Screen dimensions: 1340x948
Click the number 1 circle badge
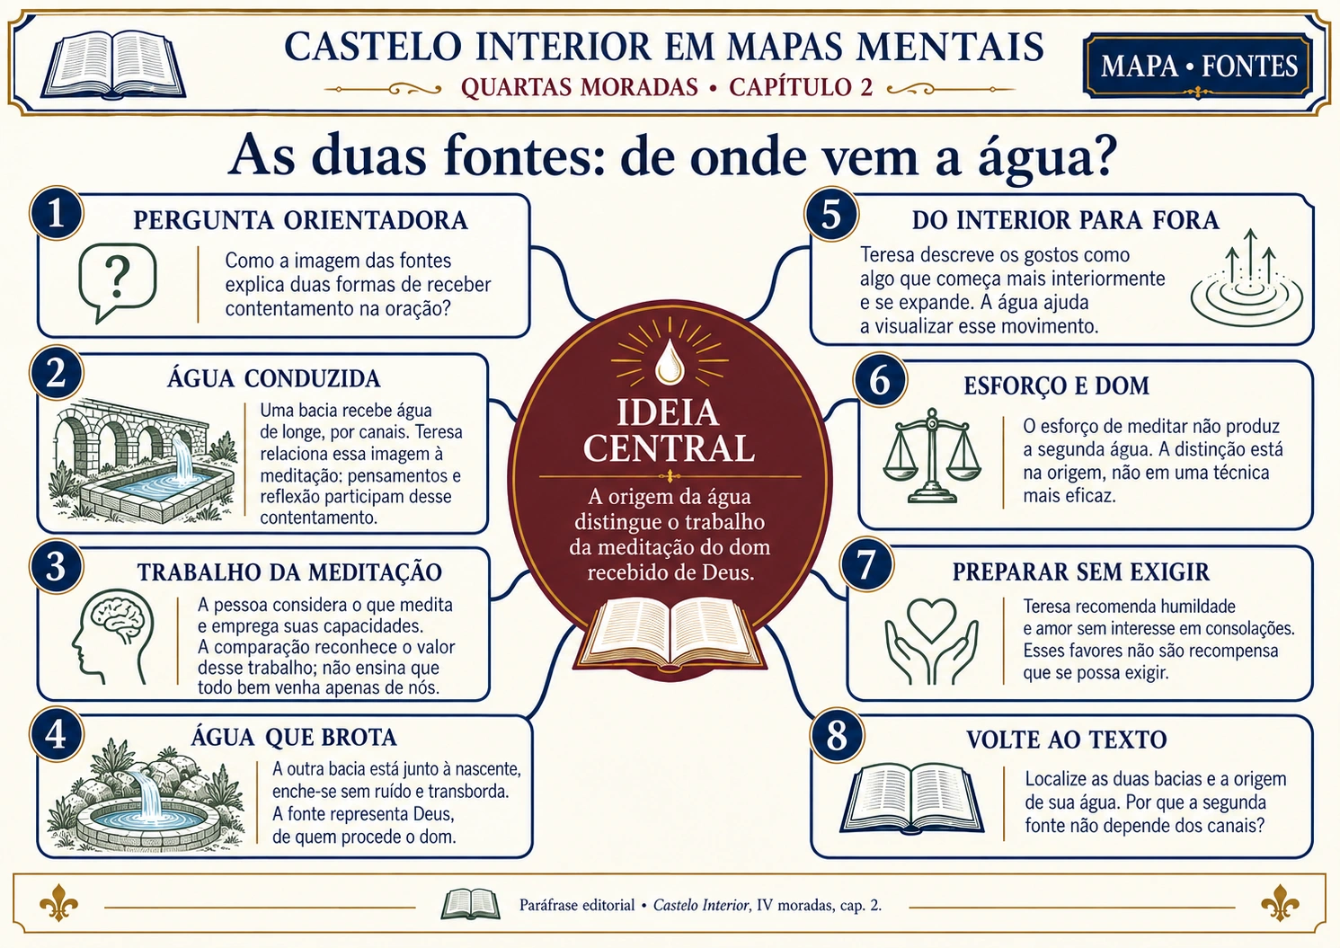coord(57,214)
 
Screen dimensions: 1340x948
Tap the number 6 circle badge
coord(880,380)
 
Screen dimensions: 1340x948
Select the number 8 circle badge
coord(837,736)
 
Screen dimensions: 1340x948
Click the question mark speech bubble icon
coord(117,282)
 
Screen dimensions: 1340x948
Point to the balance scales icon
coord(932,456)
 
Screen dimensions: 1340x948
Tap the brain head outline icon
coord(113,636)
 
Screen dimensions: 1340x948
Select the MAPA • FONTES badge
coord(1198,66)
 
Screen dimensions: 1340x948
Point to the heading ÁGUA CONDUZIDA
coord(273,378)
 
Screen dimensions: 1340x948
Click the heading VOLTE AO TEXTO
coord(1067,740)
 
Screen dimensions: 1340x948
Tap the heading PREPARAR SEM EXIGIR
coord(1081,572)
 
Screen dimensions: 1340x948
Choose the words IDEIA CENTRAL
coord(669,430)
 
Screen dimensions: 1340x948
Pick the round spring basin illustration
coord(147,794)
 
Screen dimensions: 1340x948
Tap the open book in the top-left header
coord(113,65)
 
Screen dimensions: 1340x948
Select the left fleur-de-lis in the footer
coord(58,902)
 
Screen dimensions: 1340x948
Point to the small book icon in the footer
coord(470,904)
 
